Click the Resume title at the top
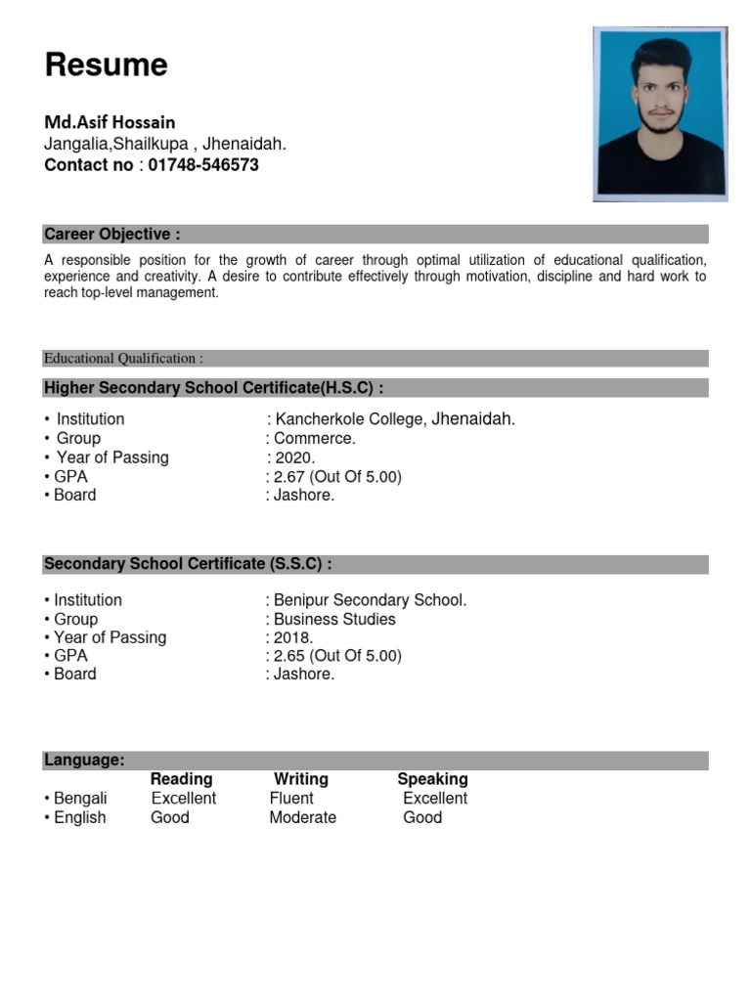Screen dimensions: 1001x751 coord(106,65)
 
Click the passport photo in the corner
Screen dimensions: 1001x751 coord(661,113)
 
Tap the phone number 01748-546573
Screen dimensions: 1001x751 coord(203,165)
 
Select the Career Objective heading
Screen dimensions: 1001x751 coord(111,235)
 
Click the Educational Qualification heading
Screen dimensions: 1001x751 coord(123,359)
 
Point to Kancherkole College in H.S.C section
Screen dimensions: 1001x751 coord(350,419)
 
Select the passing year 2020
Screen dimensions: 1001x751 coord(294,457)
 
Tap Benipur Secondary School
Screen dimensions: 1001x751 coord(370,600)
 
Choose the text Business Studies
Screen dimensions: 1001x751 coord(334,619)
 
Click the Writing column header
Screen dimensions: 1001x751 coord(301,779)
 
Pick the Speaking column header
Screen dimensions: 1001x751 coord(432,779)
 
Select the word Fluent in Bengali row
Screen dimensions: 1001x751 coord(291,798)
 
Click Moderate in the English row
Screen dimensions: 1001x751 coord(302,817)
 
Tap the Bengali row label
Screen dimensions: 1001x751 coord(79,798)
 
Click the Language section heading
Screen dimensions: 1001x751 coord(84,761)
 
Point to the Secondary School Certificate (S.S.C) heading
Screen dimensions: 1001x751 coord(188,564)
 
